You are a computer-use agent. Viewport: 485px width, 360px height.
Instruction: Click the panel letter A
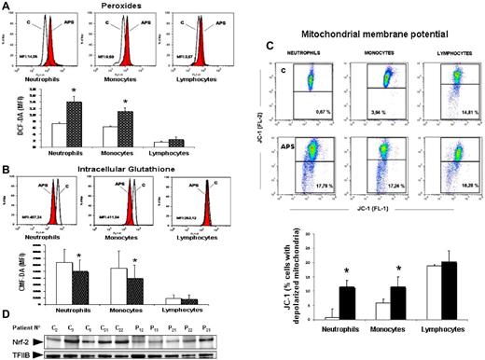point(7,6)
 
